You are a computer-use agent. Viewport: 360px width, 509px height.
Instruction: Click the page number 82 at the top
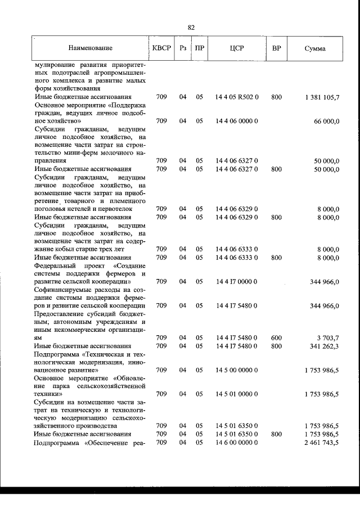coord(191,27)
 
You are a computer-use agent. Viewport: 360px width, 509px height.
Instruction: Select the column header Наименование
coord(91,48)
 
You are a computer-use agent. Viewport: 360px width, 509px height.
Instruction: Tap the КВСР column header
coord(161,48)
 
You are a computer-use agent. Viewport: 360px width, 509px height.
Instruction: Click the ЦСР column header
coord(236,48)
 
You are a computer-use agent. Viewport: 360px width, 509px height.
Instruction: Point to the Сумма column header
coord(314,48)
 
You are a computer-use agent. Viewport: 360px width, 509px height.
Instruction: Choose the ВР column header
coord(276,48)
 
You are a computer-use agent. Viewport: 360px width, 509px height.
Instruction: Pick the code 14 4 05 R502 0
coord(236,97)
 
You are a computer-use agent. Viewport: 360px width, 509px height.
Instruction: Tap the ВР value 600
coord(276,337)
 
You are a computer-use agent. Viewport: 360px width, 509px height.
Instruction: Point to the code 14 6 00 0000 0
coord(236,443)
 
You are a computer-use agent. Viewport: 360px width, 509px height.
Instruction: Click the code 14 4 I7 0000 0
coord(236,281)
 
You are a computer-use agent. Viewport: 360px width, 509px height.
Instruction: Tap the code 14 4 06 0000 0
coord(236,121)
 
